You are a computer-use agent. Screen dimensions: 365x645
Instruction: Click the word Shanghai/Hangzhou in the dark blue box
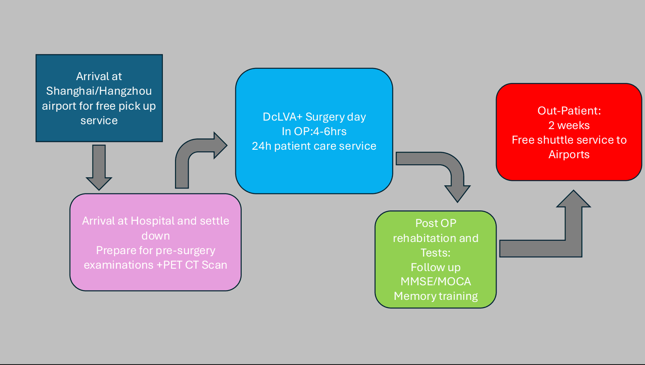coord(99,91)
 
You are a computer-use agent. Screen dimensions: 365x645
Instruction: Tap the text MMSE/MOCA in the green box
coord(436,282)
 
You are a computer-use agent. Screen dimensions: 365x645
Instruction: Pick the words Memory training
coord(436,296)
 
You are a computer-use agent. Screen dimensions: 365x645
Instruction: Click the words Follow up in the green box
coord(436,267)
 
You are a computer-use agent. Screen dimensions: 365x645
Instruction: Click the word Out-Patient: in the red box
coord(569,111)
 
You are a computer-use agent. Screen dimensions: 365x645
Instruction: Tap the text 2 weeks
coord(569,125)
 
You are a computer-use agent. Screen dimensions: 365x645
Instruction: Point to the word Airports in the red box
coord(569,155)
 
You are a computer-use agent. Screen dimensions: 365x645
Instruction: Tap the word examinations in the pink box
coord(118,265)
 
